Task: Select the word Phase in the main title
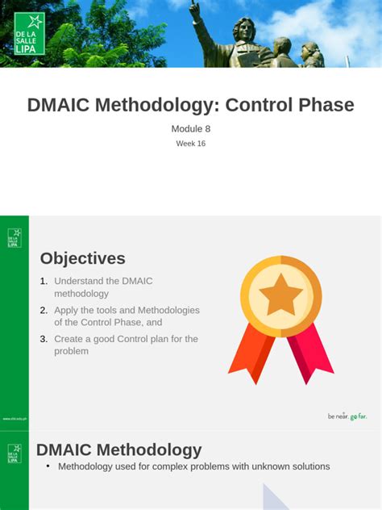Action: tap(322, 105)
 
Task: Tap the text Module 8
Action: tap(191, 128)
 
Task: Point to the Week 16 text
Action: tap(191, 144)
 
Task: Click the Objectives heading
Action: tap(83, 258)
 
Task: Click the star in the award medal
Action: tap(280, 295)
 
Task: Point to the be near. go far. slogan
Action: tap(347, 416)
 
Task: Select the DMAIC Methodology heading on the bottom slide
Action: tap(119, 449)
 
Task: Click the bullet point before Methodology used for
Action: tap(48, 466)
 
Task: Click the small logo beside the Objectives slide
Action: tap(14, 238)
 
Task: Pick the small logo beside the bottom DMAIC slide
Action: tap(14, 453)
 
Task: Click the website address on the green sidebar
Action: tap(14, 418)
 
